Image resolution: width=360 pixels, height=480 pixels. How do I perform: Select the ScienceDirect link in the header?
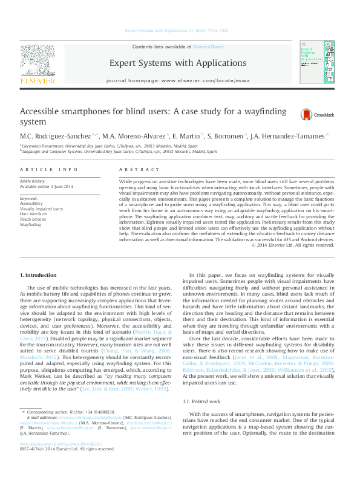[x=208, y=47]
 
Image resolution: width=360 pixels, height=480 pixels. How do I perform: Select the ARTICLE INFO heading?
[x=48, y=170]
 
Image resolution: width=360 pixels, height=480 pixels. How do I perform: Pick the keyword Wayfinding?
[x=30, y=224]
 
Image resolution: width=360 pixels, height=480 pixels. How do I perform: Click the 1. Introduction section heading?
[x=39, y=275]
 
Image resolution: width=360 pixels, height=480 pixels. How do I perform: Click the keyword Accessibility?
[x=31, y=204]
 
